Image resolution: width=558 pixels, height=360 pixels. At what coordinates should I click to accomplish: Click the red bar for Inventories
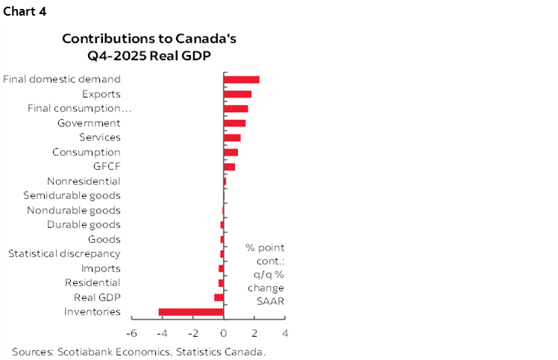point(191,312)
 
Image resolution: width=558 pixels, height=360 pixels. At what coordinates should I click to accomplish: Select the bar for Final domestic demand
point(242,80)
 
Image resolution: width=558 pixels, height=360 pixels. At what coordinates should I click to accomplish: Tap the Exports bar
point(238,94)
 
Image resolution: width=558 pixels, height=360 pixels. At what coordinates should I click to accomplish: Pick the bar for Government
point(235,123)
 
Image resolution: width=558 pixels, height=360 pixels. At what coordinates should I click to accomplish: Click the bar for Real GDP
point(219,297)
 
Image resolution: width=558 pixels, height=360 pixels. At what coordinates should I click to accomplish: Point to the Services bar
point(232,138)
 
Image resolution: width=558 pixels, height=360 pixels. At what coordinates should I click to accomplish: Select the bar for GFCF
point(230,167)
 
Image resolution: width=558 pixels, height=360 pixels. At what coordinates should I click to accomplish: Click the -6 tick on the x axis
point(132,333)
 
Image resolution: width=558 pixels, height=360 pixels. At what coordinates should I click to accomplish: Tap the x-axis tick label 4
point(285,333)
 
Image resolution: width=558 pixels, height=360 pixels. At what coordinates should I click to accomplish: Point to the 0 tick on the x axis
point(224,333)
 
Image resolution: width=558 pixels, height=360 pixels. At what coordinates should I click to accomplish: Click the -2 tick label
point(192,333)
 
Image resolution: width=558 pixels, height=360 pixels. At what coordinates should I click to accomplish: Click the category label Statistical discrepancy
point(64,254)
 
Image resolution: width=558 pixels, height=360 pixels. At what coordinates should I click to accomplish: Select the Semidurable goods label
point(72,196)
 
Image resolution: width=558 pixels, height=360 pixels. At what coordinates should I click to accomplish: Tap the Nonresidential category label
point(84,181)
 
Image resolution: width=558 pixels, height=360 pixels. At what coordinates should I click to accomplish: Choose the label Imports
point(101,268)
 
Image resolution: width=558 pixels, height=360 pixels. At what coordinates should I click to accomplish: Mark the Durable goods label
point(84,225)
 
